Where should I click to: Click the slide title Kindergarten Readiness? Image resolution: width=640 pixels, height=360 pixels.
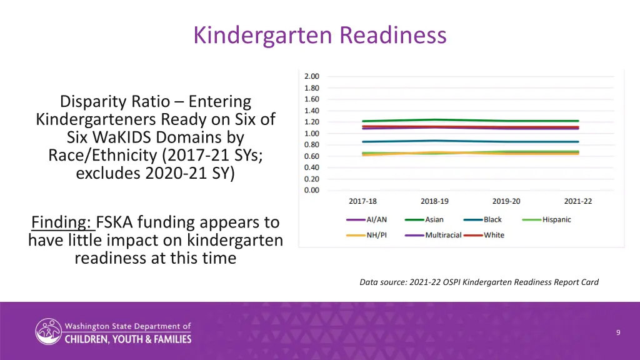click(x=320, y=35)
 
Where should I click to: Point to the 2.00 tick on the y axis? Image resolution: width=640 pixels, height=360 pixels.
click(x=312, y=77)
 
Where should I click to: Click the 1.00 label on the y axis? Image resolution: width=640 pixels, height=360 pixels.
click(x=312, y=133)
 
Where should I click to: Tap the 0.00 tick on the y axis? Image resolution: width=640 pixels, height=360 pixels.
click(x=312, y=190)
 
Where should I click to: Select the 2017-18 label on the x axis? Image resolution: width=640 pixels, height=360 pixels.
click(x=362, y=201)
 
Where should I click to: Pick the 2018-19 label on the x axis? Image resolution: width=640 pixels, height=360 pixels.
click(x=434, y=201)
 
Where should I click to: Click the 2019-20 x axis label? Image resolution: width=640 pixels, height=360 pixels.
click(x=506, y=201)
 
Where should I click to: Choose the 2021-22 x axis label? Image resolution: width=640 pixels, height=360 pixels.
click(x=578, y=201)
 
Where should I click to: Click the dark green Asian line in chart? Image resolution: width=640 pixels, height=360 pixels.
click(x=469, y=120)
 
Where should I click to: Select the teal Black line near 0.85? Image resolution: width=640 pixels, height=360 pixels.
click(x=469, y=141)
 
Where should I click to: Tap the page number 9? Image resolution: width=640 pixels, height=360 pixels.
click(x=617, y=332)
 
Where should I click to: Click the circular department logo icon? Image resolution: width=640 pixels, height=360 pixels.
click(x=48, y=331)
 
